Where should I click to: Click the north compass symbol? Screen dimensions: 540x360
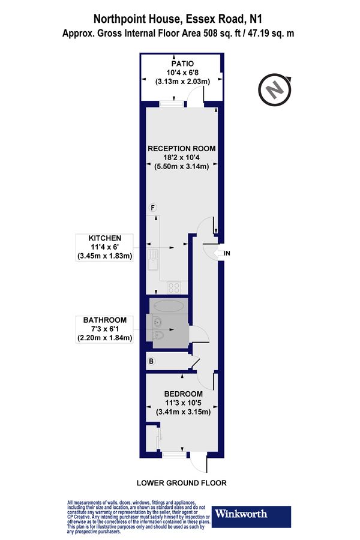click(x=274, y=89)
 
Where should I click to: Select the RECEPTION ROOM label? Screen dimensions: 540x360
click(x=182, y=148)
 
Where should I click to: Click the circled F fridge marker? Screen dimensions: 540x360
click(x=153, y=208)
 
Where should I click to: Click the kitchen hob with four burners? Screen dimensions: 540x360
click(x=175, y=286)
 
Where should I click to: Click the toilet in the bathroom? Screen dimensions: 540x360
click(x=157, y=335)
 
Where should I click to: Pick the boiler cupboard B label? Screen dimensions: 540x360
click(x=152, y=362)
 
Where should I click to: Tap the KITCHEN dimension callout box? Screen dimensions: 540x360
click(x=107, y=247)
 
